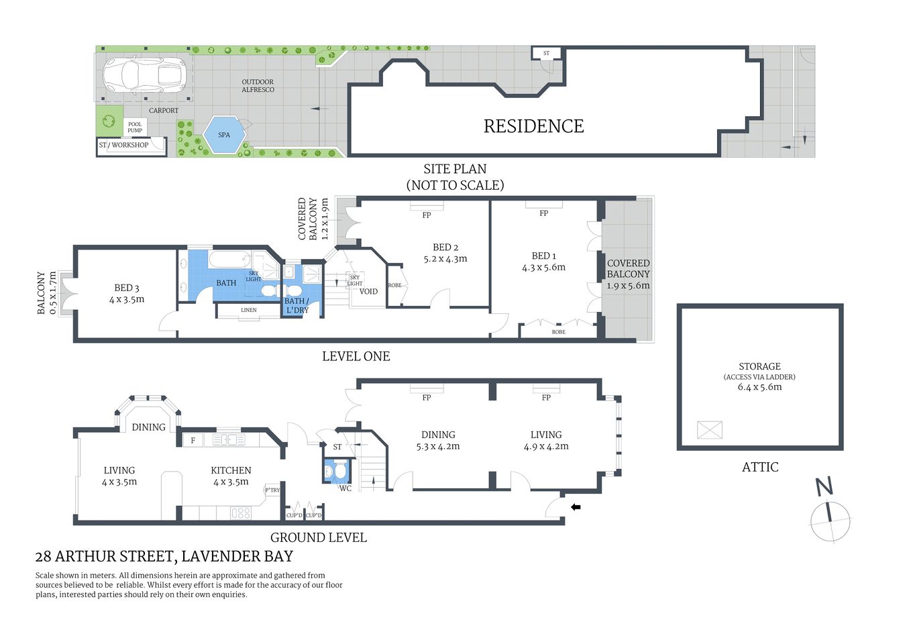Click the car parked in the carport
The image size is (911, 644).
pos(144,74)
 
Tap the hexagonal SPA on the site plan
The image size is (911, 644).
pos(224,135)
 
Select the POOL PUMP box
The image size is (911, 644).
pos(135,127)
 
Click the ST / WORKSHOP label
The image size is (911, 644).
pos(124,145)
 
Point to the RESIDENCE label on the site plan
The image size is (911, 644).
pos(533,126)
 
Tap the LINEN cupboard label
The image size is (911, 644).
pos(248,310)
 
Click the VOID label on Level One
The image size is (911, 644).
pos(368,292)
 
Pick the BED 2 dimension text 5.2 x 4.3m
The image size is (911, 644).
pos(445,258)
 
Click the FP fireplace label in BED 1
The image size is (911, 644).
pos(543,213)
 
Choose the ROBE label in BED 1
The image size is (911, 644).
pos(558,332)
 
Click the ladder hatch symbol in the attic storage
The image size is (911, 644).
pos(709,429)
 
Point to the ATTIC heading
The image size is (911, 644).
pos(760,467)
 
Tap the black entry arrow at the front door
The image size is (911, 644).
pos(576,507)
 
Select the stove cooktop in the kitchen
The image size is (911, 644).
pos(241,513)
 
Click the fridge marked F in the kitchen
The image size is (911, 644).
pos(193,441)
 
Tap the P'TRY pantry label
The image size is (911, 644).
pos(272,490)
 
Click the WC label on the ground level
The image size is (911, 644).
pos(345,488)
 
